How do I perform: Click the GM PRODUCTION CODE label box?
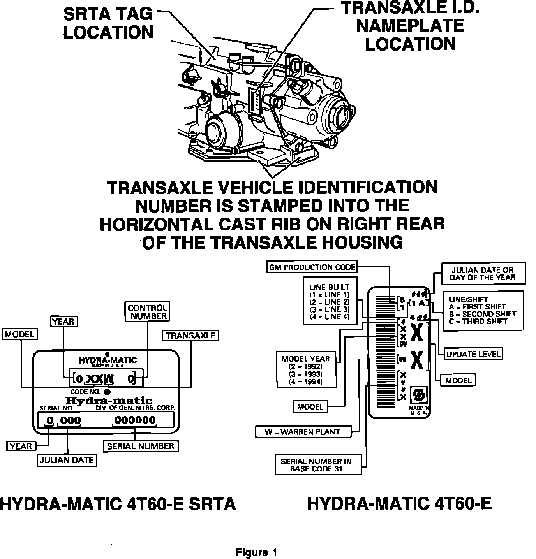coord(312,267)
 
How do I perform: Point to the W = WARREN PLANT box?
coord(302,432)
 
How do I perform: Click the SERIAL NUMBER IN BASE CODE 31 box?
coord(316,465)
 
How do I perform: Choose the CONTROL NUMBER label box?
coord(148,312)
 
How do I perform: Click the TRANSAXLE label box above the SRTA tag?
coord(191,335)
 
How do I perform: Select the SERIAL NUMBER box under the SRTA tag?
coord(140,446)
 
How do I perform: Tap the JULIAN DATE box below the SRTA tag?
coord(67,460)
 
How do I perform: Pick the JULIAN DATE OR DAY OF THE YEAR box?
coord(483,274)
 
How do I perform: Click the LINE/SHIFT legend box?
coord(482,310)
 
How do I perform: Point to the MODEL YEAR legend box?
coord(306,370)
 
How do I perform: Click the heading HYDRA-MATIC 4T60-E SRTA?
coord(118,504)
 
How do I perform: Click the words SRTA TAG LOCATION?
coord(108,23)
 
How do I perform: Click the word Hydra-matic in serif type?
coord(108,400)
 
